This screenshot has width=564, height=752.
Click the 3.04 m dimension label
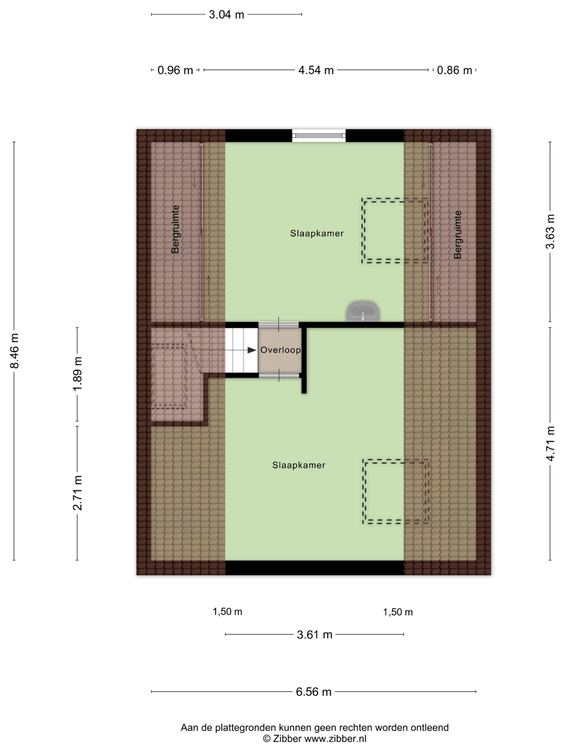tap(226, 15)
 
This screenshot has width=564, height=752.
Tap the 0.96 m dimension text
tap(175, 70)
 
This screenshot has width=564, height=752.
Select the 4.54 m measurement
tap(316, 70)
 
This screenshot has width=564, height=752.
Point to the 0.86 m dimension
tap(454, 70)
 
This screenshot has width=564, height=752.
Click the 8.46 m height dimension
tap(15, 351)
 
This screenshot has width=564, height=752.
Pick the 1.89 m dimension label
tap(78, 374)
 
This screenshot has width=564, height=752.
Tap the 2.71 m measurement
tap(78, 493)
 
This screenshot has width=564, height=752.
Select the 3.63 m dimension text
tap(550, 231)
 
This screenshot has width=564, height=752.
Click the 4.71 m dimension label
tap(550, 444)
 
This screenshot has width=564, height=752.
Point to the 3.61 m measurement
tap(315, 635)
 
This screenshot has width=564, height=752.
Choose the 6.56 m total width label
tap(313, 692)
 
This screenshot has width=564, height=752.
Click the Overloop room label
tap(281, 350)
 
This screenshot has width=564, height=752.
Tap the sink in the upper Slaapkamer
tap(363, 311)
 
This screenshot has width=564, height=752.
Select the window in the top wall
tap(319, 136)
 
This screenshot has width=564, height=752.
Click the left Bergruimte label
tap(175, 229)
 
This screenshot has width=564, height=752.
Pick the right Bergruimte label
tap(458, 235)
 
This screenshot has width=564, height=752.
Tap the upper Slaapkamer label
tap(317, 234)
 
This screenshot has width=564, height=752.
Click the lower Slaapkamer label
tap(299, 465)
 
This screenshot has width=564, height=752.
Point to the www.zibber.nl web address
tap(335, 739)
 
